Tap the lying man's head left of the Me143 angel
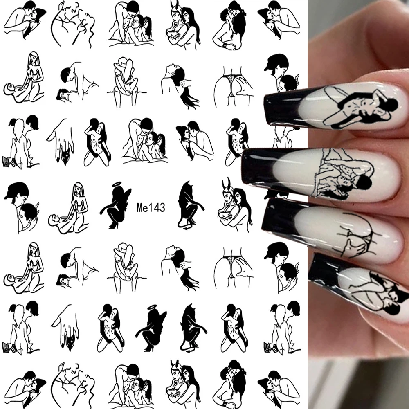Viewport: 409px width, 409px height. [55, 220]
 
